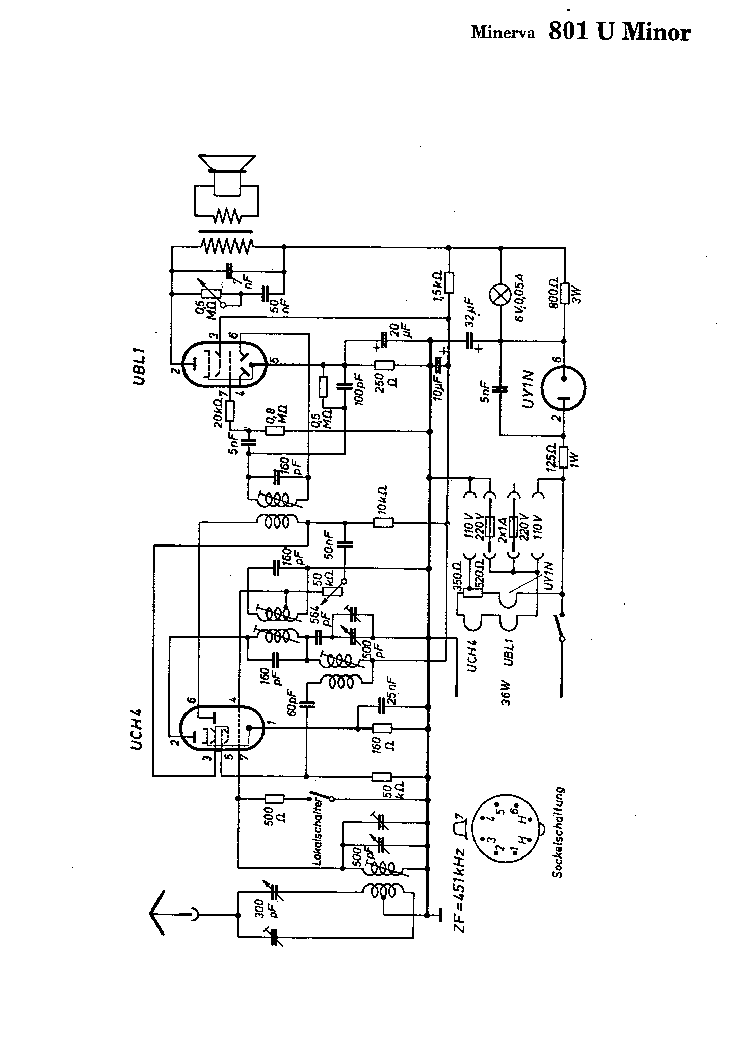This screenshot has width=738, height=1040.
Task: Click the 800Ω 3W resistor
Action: tap(564, 294)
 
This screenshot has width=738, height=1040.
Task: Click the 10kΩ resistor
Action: tap(383, 523)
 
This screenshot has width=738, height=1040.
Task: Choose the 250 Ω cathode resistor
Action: tap(384, 365)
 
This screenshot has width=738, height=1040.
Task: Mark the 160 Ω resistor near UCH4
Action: tap(382, 728)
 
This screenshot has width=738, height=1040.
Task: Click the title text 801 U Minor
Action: tap(619, 33)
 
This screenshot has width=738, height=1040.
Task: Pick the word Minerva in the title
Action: tap(503, 33)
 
